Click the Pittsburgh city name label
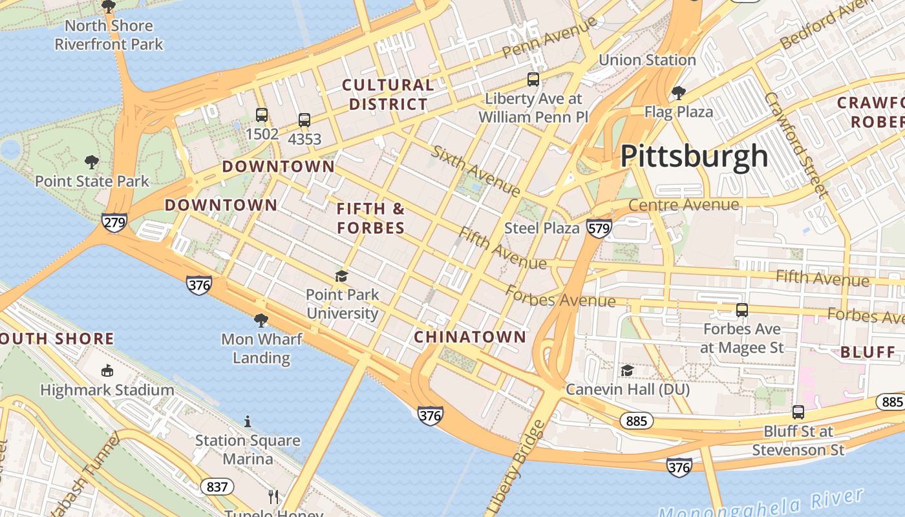point(694,156)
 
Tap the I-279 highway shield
point(114,222)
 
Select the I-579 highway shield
point(599,228)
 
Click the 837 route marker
point(217,486)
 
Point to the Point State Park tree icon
point(92,162)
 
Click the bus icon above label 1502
point(262,115)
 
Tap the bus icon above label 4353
point(304,120)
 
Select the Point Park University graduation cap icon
point(341,277)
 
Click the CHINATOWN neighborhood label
point(470,337)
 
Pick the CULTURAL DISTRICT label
point(388,94)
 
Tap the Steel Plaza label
point(542,228)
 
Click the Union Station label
point(647,60)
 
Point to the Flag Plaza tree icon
point(678,93)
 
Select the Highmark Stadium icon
point(107,371)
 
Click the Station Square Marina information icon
point(248,421)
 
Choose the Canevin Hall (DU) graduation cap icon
point(627,370)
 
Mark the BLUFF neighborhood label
point(868,352)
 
